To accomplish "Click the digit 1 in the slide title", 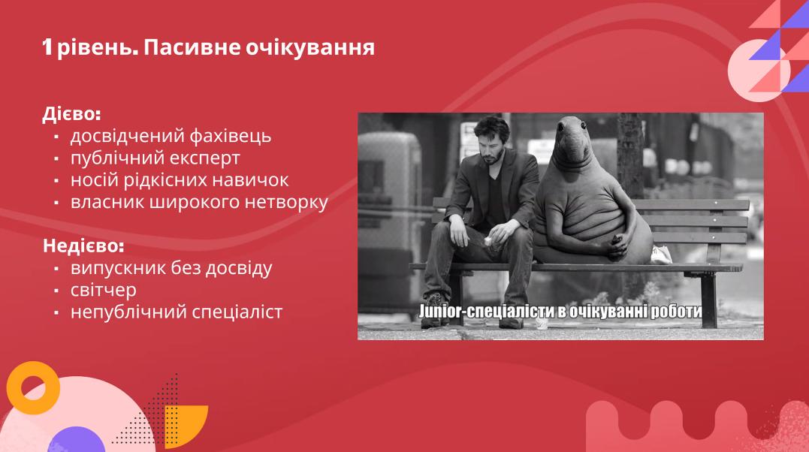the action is (47, 47).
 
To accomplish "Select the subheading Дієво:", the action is (71, 114).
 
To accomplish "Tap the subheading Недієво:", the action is (83, 246).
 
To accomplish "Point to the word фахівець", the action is (230, 136).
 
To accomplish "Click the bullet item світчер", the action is (103, 290).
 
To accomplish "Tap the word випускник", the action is (118, 268).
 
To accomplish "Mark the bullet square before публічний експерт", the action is (56, 159).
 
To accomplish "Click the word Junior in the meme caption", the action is (439, 311).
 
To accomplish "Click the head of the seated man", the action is (491, 140).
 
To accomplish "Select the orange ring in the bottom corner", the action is (33, 388).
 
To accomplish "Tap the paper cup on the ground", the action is (542, 323).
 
